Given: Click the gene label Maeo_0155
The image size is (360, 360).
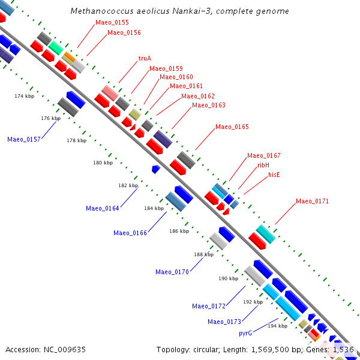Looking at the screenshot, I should (112, 22).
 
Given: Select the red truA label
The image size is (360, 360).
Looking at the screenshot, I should (145, 58).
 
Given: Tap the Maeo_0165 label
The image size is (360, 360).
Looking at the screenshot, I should (232, 127).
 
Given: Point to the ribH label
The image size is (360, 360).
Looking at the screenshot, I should (263, 165).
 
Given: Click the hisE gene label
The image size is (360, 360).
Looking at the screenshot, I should (274, 175).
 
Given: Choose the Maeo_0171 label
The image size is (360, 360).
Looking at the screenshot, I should (312, 201).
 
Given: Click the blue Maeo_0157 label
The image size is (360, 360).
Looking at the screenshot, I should (24, 139).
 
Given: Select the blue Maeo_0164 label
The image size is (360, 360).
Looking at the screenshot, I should (102, 209).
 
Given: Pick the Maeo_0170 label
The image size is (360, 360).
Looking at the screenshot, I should (172, 272).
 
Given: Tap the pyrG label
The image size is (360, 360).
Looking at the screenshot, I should (245, 333).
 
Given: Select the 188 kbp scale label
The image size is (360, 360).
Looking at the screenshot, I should (203, 254).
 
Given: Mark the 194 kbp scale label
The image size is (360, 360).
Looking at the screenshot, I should (277, 326).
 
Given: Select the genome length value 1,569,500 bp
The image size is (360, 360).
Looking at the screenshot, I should (280, 349).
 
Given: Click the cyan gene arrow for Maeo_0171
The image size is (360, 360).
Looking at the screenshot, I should (265, 233).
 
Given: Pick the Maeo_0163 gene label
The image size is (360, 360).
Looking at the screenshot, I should (209, 106).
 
